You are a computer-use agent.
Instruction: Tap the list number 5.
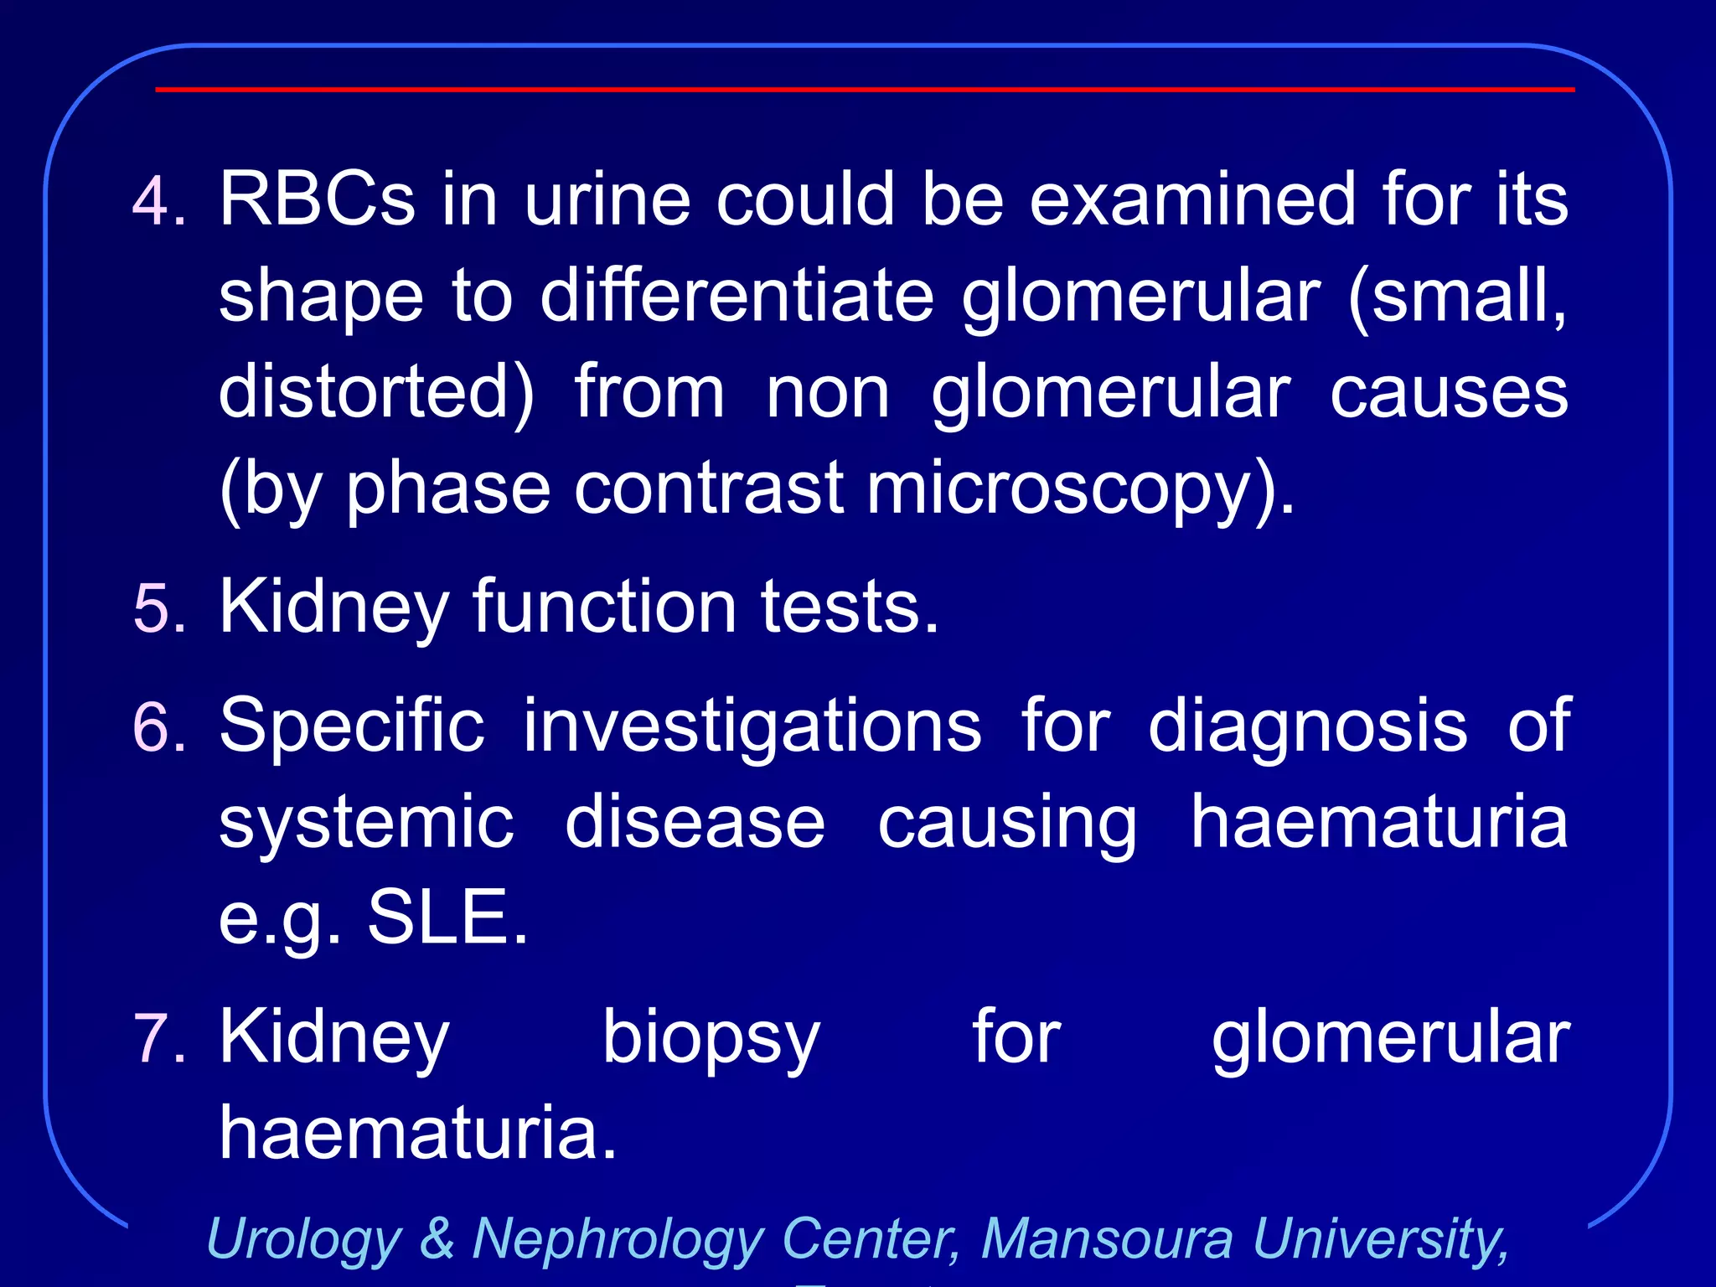(158, 607)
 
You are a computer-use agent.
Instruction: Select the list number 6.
(158, 726)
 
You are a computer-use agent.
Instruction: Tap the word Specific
(352, 726)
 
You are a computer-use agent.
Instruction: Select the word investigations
(752, 726)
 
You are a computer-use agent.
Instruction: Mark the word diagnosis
(1307, 726)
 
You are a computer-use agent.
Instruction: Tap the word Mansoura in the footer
(1107, 1238)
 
